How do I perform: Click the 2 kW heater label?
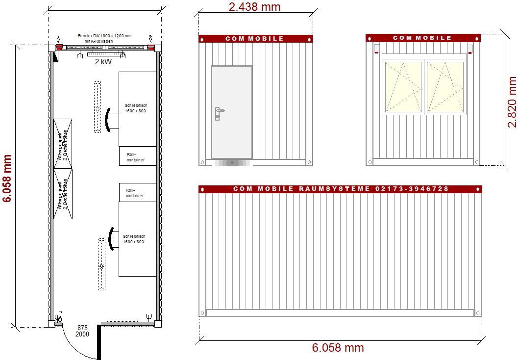coord(104,62)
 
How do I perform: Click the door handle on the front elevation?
coord(218,113)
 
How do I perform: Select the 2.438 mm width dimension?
coord(254,6)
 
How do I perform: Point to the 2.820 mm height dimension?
coord(512,102)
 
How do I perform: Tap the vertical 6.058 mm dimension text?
coord(7,179)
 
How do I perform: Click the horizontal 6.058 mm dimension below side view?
coord(338,348)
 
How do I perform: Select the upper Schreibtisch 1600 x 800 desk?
coord(137,108)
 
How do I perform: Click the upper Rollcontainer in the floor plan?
coord(137,156)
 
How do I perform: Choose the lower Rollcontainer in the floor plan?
coord(137,192)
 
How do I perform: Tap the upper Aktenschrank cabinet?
coord(63,143)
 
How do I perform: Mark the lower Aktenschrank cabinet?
coord(63,194)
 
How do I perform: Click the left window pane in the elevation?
coord(403,87)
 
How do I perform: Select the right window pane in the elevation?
coord(445,87)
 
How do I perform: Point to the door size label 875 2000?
coord(83,331)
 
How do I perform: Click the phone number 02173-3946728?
coord(412,189)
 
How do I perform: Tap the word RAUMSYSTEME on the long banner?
coord(333,189)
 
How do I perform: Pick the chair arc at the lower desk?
coord(112,239)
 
